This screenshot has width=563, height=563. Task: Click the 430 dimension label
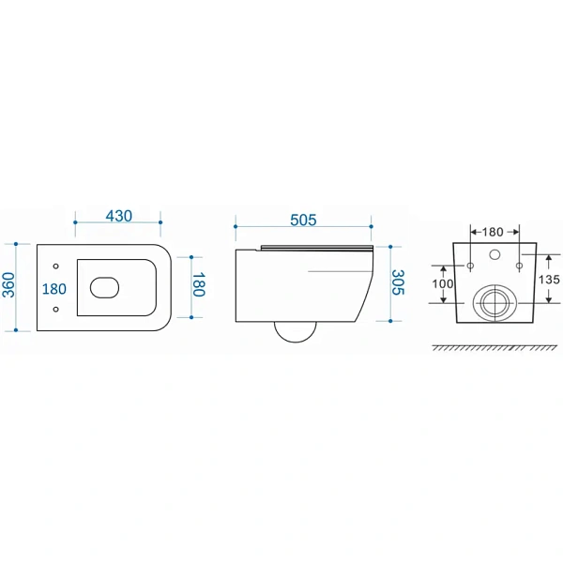click(119, 216)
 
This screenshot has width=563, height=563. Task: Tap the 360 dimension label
click(9, 285)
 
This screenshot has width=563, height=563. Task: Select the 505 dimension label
click(303, 221)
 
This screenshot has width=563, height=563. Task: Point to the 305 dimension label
click(398, 282)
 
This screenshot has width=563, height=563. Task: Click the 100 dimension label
click(443, 284)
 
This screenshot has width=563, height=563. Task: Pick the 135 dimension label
click(549, 280)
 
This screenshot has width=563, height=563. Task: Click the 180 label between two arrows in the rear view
click(493, 232)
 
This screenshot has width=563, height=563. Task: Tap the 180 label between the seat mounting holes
click(54, 289)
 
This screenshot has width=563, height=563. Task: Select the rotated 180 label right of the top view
click(199, 284)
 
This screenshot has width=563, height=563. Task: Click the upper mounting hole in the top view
click(55, 266)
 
